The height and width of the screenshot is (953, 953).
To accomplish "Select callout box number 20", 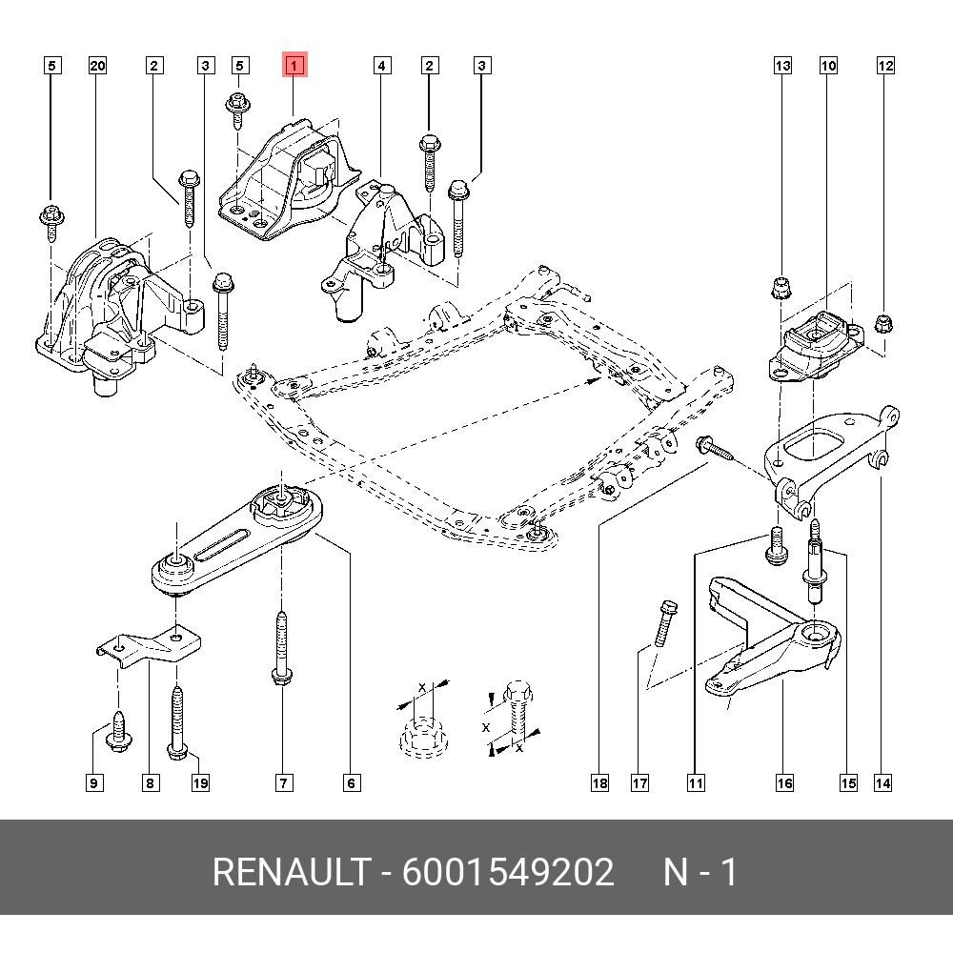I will pyautogui.click(x=97, y=66).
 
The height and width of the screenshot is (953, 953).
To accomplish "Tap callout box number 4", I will pyautogui.click(x=381, y=66).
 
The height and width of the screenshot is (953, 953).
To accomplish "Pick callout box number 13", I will pyautogui.click(x=782, y=66).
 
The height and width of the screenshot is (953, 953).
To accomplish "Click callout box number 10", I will pyautogui.click(x=828, y=66).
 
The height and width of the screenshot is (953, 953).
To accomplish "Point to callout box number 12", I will pyautogui.click(x=885, y=66).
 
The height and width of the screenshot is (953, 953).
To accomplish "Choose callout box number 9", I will pyautogui.click(x=93, y=783).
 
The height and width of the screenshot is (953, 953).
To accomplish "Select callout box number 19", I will pyautogui.click(x=199, y=783).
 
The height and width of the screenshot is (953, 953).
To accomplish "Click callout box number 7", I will pyautogui.click(x=284, y=783).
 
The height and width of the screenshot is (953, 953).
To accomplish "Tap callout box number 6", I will pyautogui.click(x=351, y=783).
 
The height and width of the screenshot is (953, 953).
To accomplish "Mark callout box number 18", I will pyautogui.click(x=598, y=783).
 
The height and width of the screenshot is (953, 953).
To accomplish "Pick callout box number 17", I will pyautogui.click(x=639, y=783).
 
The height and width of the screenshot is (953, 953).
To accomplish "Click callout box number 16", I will pyautogui.click(x=783, y=783).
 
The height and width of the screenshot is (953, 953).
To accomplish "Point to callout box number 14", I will pyautogui.click(x=882, y=783).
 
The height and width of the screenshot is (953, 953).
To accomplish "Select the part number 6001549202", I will pyautogui.click(x=508, y=872).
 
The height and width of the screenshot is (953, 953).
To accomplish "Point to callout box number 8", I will pyautogui.click(x=150, y=783).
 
